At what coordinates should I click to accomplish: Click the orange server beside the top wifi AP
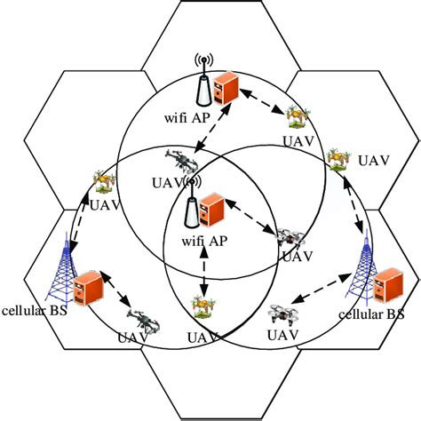pyautogui.click(x=226, y=88)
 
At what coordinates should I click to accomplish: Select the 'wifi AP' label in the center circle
pyautogui.click(x=204, y=241)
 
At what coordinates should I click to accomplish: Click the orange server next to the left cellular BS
pyautogui.click(x=89, y=288)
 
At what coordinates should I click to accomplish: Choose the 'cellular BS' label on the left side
pyautogui.click(x=35, y=311)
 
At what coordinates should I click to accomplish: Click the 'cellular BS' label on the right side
pyautogui.click(x=371, y=314)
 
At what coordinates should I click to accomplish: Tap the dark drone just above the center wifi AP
pyautogui.click(x=181, y=162)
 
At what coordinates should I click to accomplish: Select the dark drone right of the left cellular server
pyautogui.click(x=144, y=322)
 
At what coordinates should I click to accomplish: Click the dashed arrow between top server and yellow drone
pyautogui.click(x=262, y=101)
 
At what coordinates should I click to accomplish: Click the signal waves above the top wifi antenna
pyautogui.click(x=203, y=60)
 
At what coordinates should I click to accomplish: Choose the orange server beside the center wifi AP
pyautogui.click(x=212, y=210)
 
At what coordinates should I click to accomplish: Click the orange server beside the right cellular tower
pyautogui.click(x=388, y=285)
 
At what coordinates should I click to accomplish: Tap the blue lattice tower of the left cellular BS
pyautogui.click(x=62, y=269)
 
